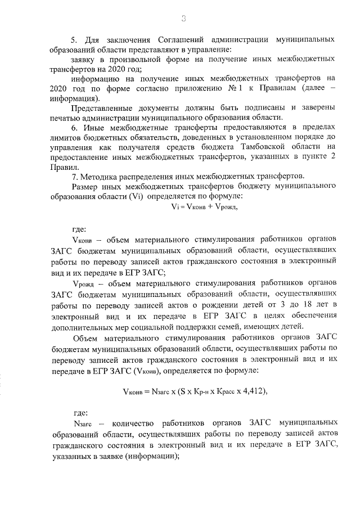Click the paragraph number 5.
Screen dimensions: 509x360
[73, 40]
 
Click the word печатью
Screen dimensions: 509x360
[65, 117]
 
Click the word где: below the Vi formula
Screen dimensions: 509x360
[79, 229]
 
